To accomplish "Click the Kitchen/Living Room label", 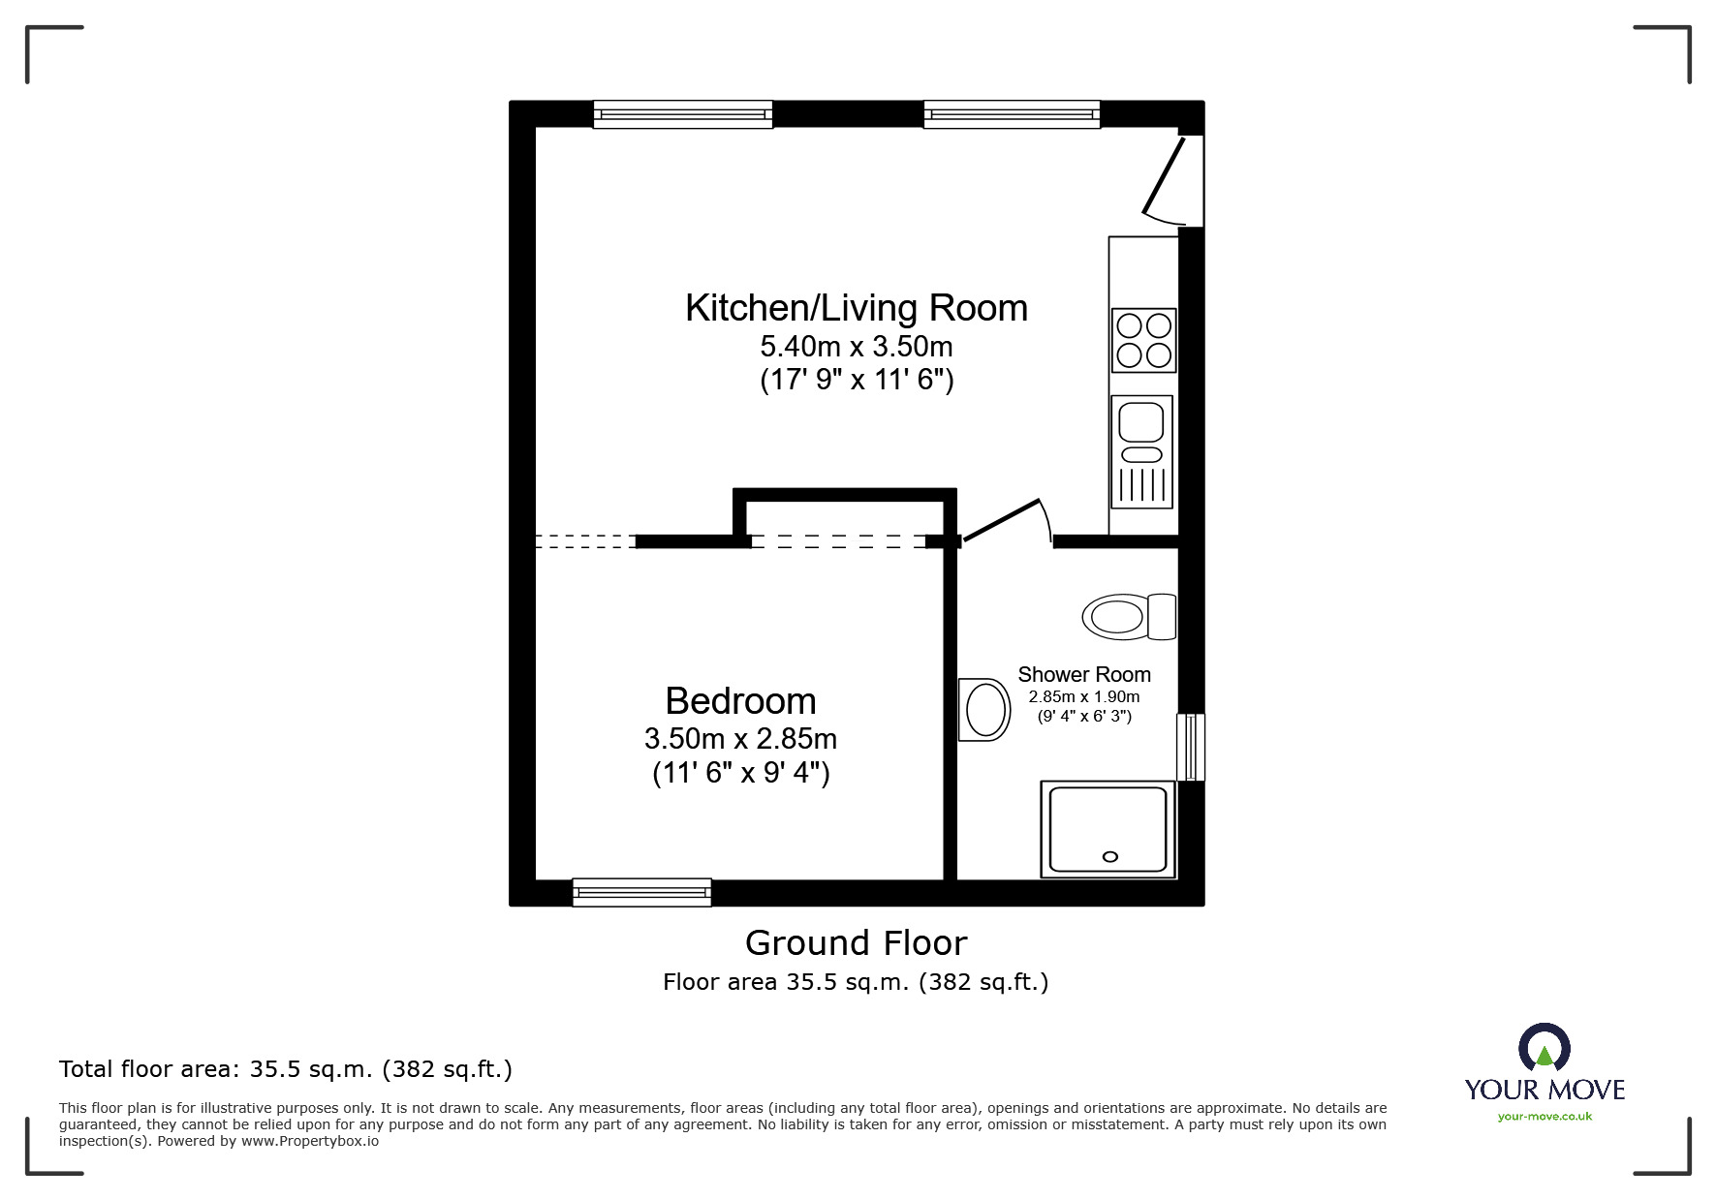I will (856, 308).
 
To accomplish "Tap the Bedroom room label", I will (740, 701).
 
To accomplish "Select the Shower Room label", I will (1083, 675).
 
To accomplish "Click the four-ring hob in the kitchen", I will (1143, 340).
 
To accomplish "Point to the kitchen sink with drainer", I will (1141, 451).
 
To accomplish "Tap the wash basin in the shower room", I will (984, 710).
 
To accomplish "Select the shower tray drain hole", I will (1110, 856).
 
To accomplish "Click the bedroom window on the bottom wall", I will (641, 892).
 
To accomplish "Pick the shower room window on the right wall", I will (1191, 747).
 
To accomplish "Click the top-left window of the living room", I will (682, 114).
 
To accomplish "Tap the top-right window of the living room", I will (1012, 114).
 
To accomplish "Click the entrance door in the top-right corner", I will (1167, 179).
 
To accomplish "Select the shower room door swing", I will (1008, 521).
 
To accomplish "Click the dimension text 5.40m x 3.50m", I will (856, 346).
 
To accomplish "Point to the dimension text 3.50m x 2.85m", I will (740, 739).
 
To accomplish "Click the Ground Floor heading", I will (856, 942).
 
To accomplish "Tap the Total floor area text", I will (285, 1069).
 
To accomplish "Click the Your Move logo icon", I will (1544, 1049).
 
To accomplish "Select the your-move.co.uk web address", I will (1544, 1117).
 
